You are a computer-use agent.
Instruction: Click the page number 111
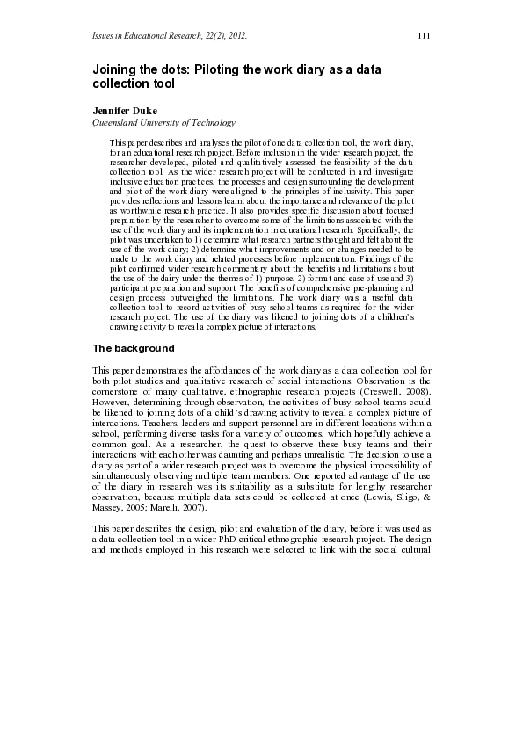pyautogui.click(x=423, y=35)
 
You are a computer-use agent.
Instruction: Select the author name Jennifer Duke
pyautogui.click(x=125, y=112)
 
